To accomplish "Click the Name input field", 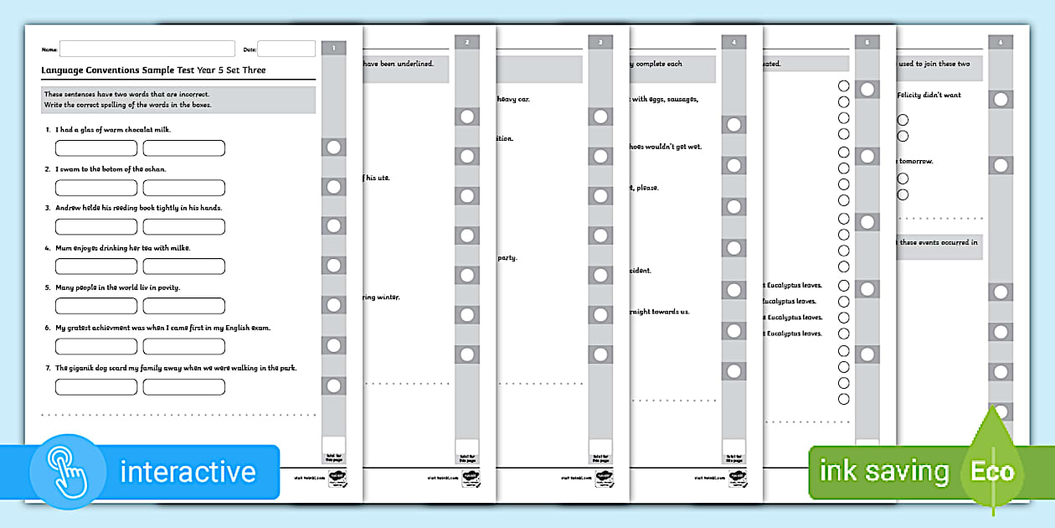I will [147, 49].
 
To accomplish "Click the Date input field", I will [286, 49].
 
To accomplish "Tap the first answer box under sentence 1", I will [96, 148].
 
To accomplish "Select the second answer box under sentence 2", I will [184, 188].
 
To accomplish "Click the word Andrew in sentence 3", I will [70, 208].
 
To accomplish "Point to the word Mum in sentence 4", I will [64, 248].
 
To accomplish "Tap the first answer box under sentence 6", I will [96, 346].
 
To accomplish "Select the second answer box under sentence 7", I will [184, 387].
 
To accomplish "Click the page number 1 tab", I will [333, 49].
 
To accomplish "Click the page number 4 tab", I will [733, 42].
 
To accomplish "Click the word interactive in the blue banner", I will [188, 471].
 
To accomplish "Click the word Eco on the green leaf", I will [992, 471].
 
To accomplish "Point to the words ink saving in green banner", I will [883, 471].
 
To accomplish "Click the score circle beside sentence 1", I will [333, 148].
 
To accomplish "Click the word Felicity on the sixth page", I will [913, 96].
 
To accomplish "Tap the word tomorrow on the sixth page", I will [917, 161].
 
